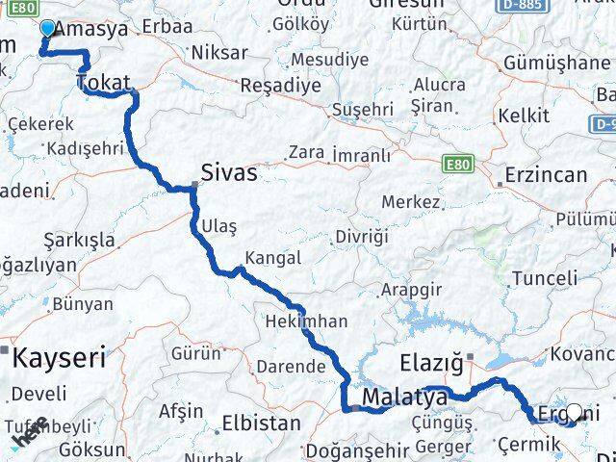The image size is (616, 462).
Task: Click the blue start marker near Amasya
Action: [47, 28]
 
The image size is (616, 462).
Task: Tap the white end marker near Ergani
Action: [575, 413]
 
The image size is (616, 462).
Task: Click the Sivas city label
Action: [229, 172]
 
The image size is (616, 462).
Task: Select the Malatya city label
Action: [405, 397]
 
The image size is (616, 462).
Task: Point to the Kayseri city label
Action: [57, 358]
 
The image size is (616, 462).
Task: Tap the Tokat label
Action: [103, 84]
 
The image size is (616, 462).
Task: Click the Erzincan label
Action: [547, 175]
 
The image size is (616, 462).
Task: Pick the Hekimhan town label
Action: [306, 321]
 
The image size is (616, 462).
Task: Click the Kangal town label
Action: [273, 258]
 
